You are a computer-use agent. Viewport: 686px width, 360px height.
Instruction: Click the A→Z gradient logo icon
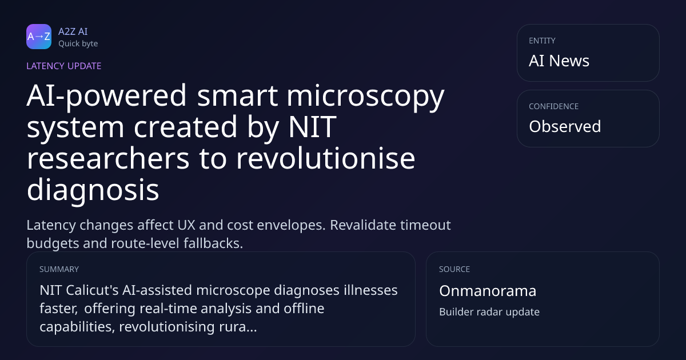pyautogui.click(x=39, y=37)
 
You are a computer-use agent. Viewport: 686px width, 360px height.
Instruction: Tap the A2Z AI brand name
pyautogui.click(x=73, y=31)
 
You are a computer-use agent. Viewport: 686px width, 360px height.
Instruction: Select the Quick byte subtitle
pyautogui.click(x=78, y=44)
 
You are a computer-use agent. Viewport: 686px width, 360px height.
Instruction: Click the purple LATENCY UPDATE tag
pyautogui.click(x=63, y=66)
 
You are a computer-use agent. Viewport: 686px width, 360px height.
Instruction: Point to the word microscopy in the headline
pyautogui.click(x=365, y=97)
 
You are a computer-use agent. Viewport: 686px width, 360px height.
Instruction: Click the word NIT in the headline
pyautogui.click(x=312, y=127)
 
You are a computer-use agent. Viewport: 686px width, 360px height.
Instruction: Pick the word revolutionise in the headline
pyautogui.click(x=325, y=158)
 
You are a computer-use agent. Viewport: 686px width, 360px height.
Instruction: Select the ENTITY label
pyautogui.click(x=542, y=41)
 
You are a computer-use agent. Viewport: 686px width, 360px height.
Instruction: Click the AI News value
pyautogui.click(x=559, y=61)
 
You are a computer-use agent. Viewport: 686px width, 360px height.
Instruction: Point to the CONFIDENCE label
pyautogui.click(x=553, y=106)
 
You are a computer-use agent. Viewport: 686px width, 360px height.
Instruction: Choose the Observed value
pyautogui.click(x=565, y=126)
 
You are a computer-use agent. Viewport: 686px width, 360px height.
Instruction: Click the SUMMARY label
pyautogui.click(x=59, y=269)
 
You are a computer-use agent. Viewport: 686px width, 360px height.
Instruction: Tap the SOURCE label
pyautogui.click(x=454, y=269)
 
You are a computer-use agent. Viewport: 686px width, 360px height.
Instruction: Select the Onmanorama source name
pyautogui.click(x=488, y=291)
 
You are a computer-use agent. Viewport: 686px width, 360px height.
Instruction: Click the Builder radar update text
pyautogui.click(x=489, y=312)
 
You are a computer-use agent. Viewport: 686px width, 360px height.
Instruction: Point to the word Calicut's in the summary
pyautogui.click(x=92, y=290)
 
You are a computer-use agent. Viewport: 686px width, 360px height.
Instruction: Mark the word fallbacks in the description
pyautogui.click(x=213, y=243)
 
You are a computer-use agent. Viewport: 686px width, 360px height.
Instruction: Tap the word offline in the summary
pyautogui.click(x=304, y=308)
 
